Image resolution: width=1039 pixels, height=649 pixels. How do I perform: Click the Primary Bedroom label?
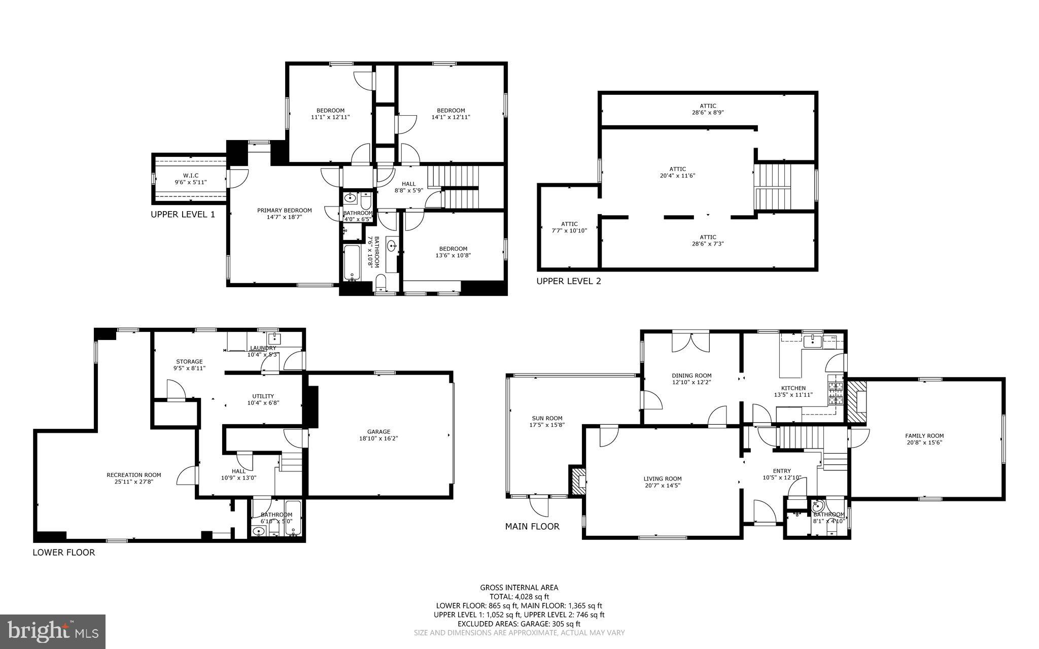[284, 211]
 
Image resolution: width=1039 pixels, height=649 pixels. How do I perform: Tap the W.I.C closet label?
[191, 176]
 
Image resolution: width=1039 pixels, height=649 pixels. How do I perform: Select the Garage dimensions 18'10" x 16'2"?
[378, 438]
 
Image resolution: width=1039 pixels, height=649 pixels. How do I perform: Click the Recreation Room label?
[134, 475]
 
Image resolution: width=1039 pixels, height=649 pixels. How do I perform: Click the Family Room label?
[924, 435]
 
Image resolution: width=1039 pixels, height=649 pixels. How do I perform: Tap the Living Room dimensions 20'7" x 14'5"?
[662, 485]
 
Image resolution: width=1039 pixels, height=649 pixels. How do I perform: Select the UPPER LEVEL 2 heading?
[569, 281]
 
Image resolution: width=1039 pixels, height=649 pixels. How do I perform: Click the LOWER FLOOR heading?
[63, 553]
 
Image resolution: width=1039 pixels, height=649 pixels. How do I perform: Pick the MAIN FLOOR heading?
[532, 527]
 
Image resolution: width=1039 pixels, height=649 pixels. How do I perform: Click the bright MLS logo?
[53, 631]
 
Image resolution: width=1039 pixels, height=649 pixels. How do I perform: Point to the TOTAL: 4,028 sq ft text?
[519, 597]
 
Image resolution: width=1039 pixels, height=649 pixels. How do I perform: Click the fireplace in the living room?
[578, 481]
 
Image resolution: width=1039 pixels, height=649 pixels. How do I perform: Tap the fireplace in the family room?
[857, 400]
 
